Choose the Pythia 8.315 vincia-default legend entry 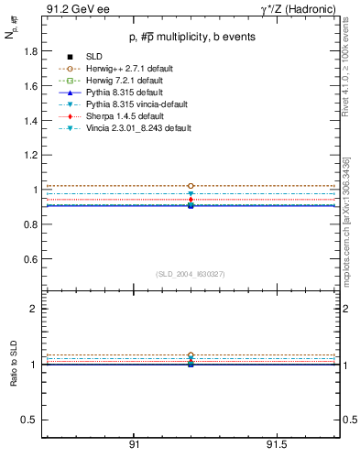tap(141, 104)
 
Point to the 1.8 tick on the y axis tap(28, 52)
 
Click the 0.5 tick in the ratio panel tap(28, 420)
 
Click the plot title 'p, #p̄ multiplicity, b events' tap(191, 37)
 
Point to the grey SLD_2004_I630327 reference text tap(191, 274)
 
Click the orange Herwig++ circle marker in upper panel tap(191, 186)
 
